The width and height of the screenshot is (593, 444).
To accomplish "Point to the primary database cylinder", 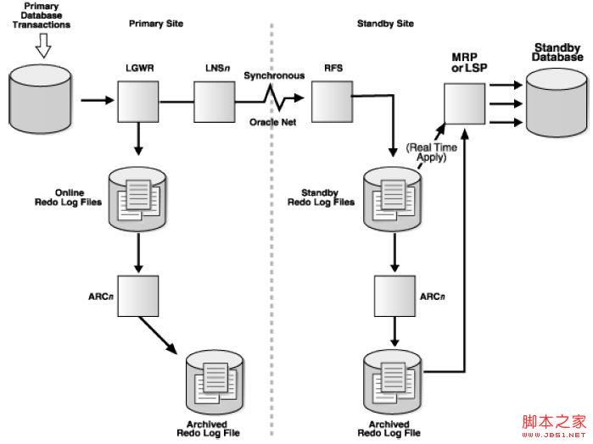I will point(39,102).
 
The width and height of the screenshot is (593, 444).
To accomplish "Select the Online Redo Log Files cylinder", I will point(139,197).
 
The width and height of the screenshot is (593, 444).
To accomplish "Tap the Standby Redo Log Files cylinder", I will point(394,197).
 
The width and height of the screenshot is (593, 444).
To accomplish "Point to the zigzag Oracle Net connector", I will point(273,101).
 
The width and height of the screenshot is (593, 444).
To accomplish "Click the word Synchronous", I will point(274,75).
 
